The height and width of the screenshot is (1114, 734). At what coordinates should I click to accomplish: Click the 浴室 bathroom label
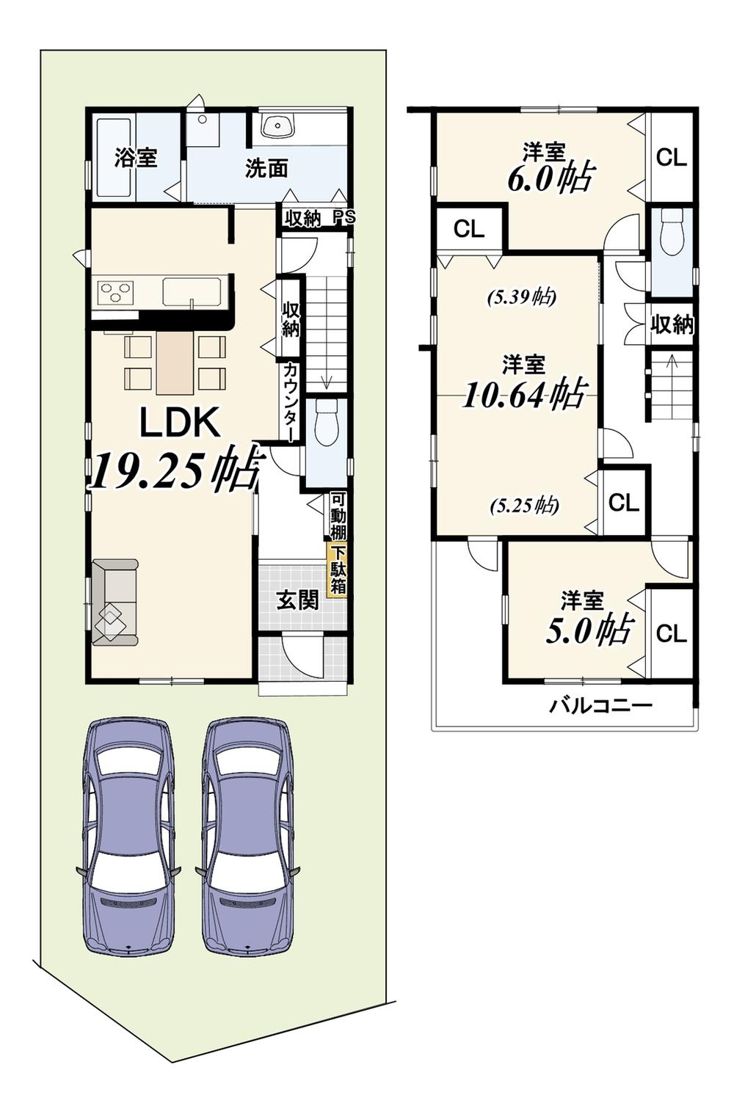coord(136,158)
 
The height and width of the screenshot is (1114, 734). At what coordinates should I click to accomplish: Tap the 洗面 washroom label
coord(266,169)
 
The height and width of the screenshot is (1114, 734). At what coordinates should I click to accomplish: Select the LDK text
coord(181,422)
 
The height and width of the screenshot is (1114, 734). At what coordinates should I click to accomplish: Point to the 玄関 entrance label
coord(297,601)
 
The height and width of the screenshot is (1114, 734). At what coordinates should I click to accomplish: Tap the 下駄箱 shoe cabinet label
coord(338,571)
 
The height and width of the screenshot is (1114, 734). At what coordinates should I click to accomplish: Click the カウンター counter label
coord(290,401)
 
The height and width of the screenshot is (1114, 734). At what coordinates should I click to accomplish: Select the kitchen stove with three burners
coord(117,291)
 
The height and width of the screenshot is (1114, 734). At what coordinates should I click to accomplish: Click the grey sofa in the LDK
coord(115,602)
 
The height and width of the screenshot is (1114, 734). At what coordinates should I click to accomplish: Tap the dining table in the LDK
coord(174,363)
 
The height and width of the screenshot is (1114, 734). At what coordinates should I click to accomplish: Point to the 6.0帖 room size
coord(551,178)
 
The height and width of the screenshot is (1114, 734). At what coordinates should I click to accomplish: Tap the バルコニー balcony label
coord(600,705)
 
